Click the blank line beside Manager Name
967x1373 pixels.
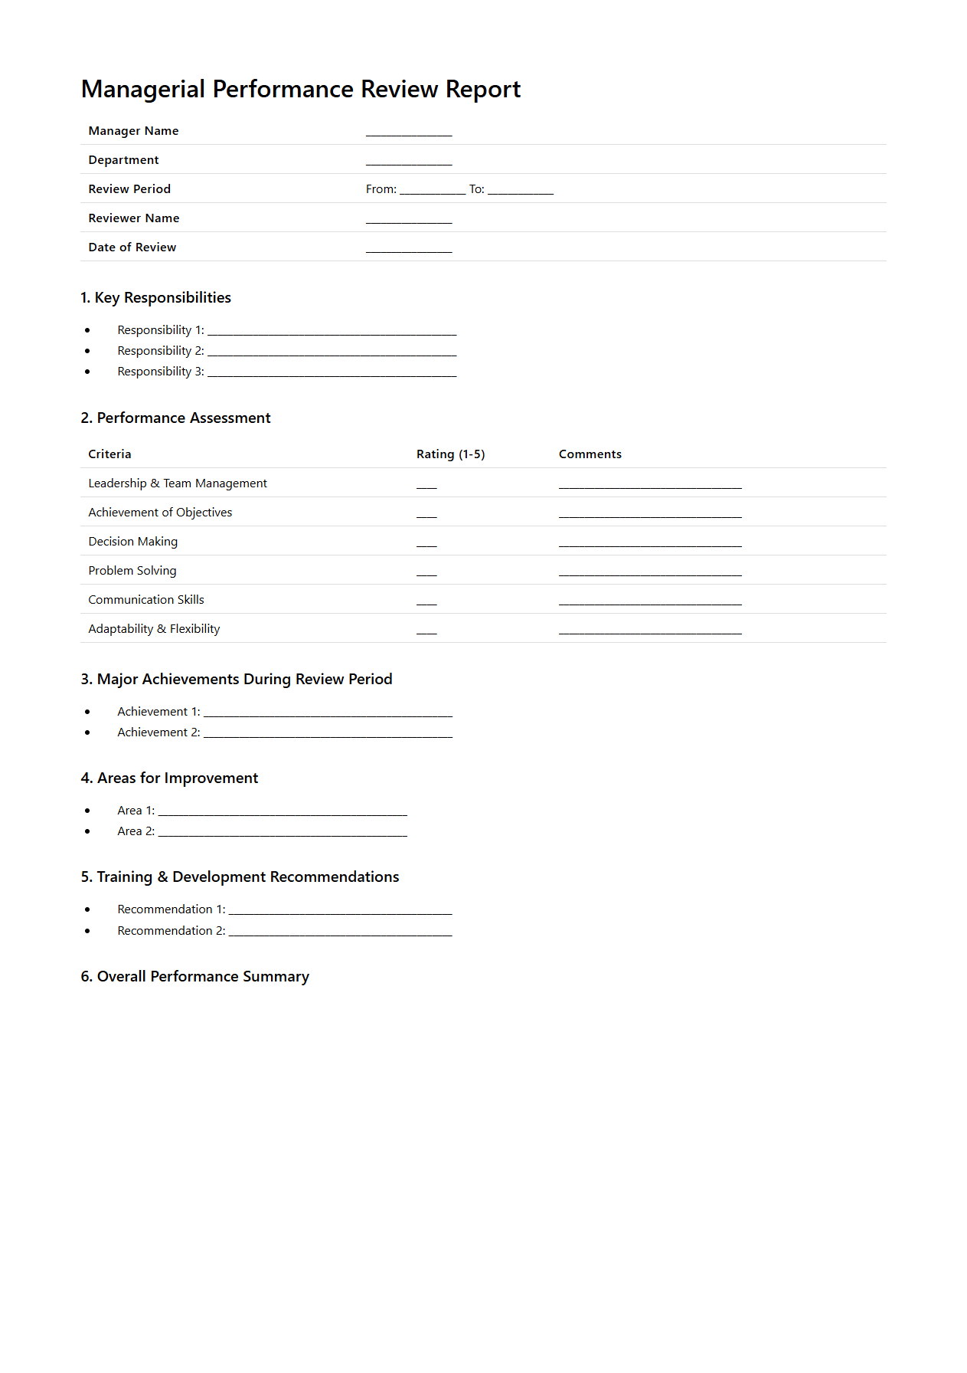[409, 134]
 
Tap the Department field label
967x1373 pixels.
[123, 160]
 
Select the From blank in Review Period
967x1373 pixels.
[432, 192]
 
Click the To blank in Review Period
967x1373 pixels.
[521, 192]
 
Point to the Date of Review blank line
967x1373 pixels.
[409, 251]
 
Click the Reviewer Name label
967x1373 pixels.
[134, 218]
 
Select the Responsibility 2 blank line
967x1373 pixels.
[332, 354]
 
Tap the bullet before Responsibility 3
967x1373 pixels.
[87, 372]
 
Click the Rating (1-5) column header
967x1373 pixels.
[450, 454]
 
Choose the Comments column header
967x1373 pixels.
[590, 454]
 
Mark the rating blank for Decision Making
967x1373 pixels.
[426, 545]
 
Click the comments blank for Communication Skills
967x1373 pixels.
[650, 603]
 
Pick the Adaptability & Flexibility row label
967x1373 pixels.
[154, 629]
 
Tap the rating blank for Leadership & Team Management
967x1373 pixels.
[426, 487]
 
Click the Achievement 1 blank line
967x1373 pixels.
[328, 715]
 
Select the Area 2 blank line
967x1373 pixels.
[283, 834]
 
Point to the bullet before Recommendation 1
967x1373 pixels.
[87, 909]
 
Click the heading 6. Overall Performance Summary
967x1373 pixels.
[195, 977]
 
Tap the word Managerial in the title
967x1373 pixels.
[143, 90]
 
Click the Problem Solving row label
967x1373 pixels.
[132, 571]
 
